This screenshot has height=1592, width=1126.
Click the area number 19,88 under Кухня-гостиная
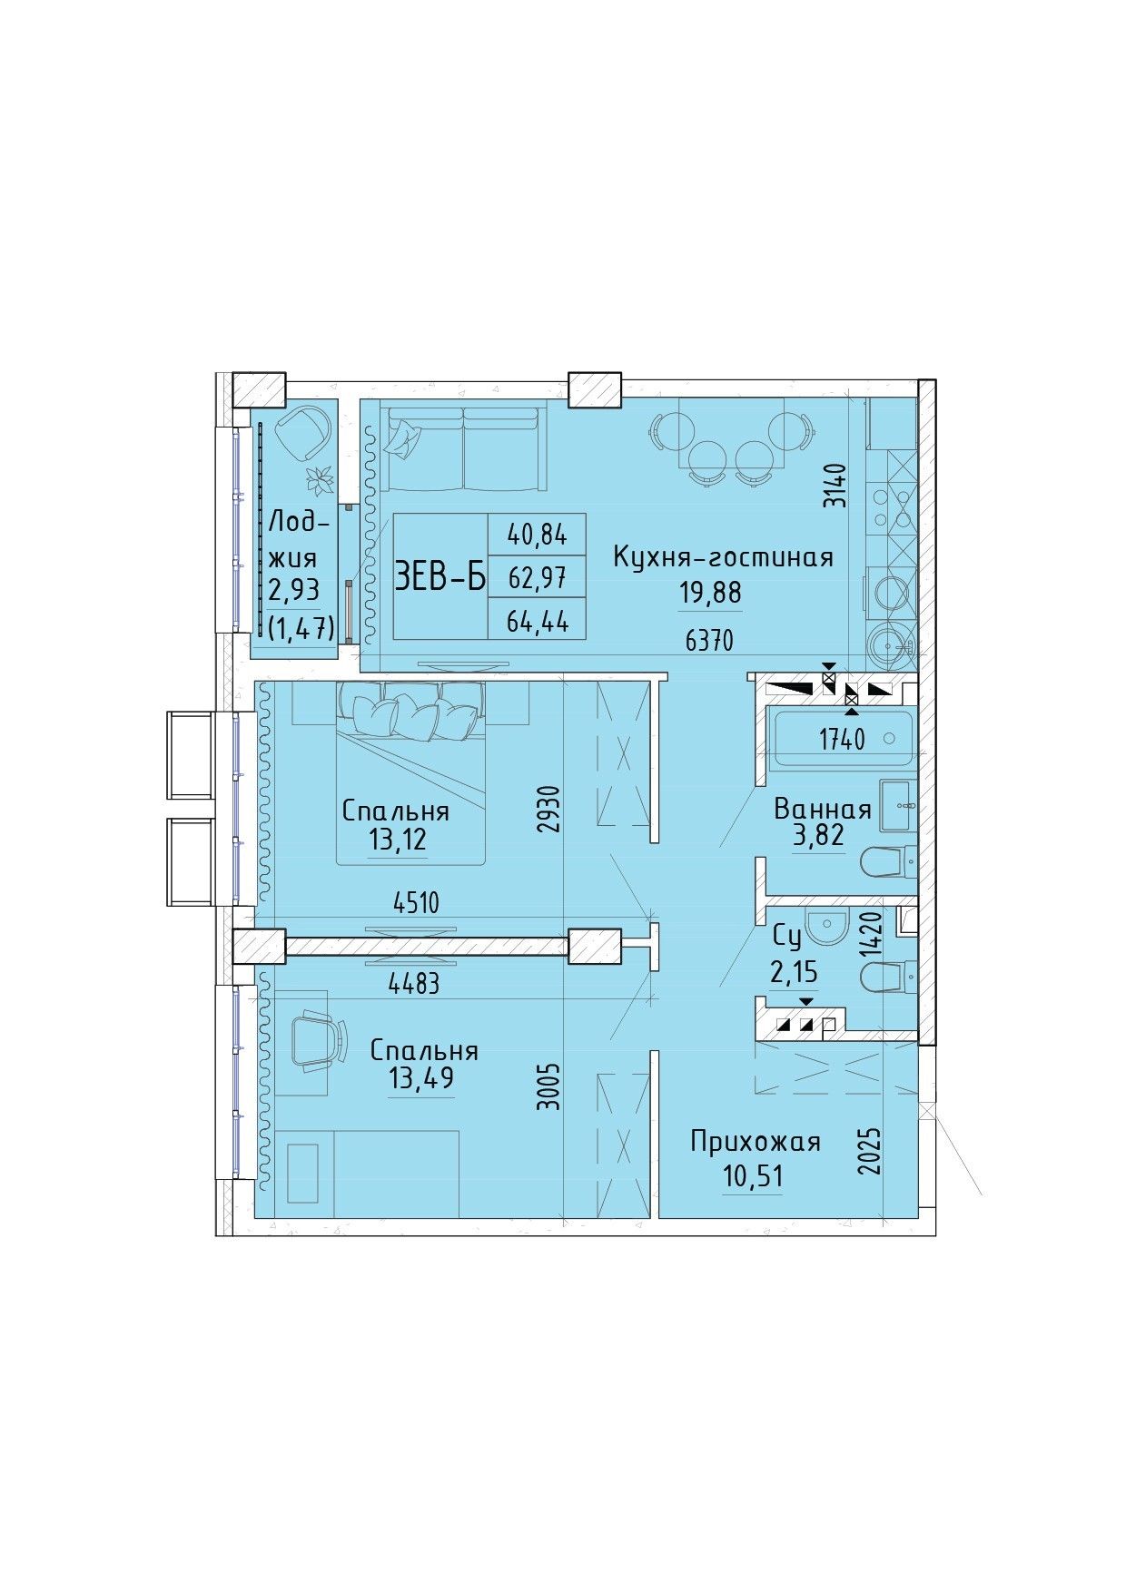[x=710, y=592]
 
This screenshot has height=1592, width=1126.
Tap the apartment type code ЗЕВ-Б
[x=440, y=575]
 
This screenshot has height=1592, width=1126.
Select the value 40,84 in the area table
[x=538, y=535]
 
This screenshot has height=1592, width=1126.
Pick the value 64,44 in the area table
[x=538, y=620]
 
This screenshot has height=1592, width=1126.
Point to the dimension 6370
[x=709, y=641]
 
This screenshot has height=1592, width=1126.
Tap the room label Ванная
[x=823, y=809]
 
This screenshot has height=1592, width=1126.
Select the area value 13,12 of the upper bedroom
[x=397, y=840]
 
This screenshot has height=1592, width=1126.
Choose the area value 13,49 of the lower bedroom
[x=423, y=1078]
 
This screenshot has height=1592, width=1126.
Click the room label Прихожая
[x=756, y=1142]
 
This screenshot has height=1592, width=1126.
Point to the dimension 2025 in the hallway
[x=870, y=1151]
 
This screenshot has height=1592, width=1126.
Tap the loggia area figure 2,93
[x=293, y=590]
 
